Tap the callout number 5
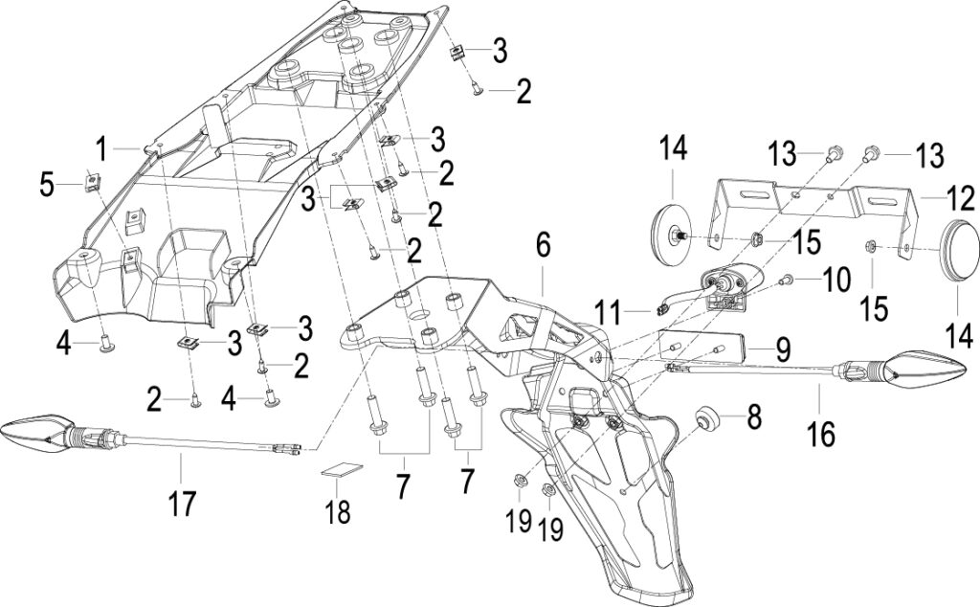coord(48,186)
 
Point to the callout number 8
coord(754,417)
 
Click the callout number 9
coord(783,348)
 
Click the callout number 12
coord(959,199)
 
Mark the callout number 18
coord(338,511)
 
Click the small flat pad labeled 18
coord(343,469)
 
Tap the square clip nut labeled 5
coord(93,181)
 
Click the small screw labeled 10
coord(787,281)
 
